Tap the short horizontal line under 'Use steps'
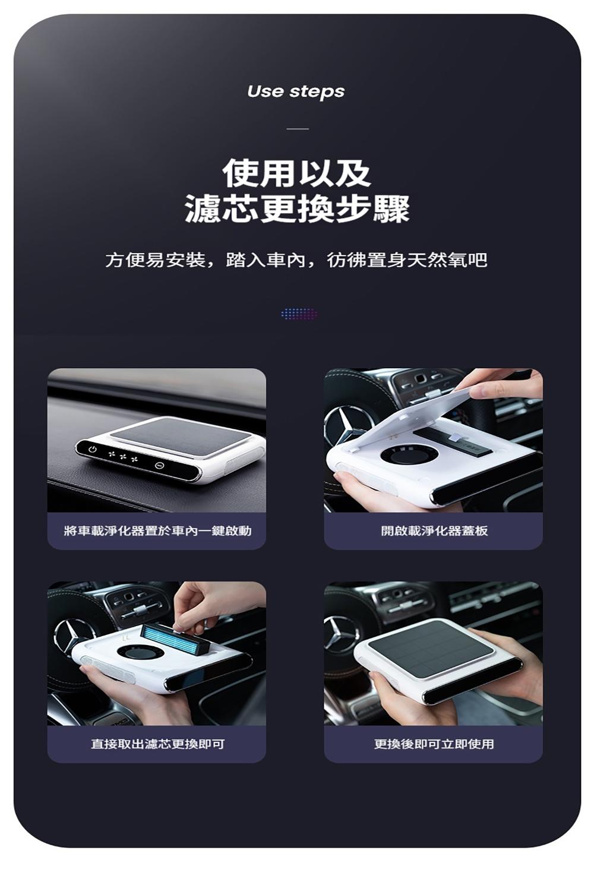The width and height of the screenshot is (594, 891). [x=298, y=129]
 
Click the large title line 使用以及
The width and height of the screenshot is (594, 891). [x=297, y=173]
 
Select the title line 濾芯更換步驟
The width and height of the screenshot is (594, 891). [x=297, y=208]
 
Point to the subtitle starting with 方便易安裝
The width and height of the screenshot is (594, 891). [x=296, y=261]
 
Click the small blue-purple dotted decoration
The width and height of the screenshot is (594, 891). [x=299, y=314]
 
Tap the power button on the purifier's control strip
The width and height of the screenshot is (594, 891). [x=92, y=450]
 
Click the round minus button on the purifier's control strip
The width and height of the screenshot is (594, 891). [x=159, y=465]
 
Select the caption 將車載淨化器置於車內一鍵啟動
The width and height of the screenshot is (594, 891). [x=157, y=530]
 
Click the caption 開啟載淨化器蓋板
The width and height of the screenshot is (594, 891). [x=434, y=530]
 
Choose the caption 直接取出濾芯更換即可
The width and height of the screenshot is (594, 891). [x=157, y=744]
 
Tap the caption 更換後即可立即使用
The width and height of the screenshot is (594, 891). [x=434, y=744]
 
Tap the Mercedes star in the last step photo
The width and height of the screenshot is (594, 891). [x=340, y=634]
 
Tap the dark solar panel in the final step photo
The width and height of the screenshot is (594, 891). [x=432, y=648]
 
